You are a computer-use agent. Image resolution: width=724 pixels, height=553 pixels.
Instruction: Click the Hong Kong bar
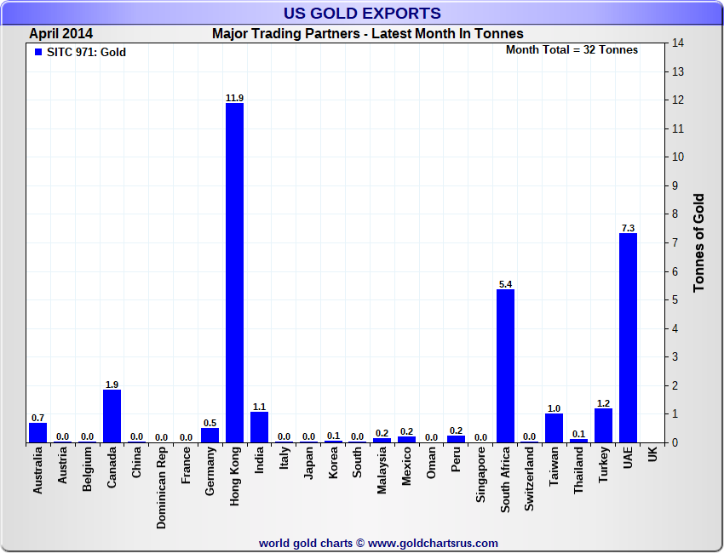235,272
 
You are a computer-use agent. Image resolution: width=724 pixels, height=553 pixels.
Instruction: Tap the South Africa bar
505,366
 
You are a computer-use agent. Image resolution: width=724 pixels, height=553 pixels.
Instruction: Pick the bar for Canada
112,416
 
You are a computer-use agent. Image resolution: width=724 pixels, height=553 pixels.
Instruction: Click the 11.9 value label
235,98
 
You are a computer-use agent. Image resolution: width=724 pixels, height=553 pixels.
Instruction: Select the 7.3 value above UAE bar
628,228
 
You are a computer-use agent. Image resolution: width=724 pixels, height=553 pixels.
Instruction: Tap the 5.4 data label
505,284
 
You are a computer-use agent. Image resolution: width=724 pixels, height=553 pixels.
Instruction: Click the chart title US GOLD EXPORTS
362,13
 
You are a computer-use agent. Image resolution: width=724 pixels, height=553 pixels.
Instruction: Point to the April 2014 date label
61,34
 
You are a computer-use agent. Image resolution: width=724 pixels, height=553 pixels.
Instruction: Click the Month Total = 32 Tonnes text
572,49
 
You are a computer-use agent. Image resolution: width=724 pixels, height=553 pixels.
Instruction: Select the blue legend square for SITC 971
37,52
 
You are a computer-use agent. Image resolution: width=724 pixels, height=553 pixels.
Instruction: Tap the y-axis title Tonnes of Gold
699,242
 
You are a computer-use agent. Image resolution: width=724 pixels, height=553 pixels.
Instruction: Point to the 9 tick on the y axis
676,185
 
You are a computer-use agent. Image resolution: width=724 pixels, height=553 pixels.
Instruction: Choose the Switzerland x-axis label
530,480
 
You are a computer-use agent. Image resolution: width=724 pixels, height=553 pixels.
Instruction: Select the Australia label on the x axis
37,471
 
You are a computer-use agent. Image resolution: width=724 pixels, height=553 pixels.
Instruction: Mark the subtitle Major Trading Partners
368,34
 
